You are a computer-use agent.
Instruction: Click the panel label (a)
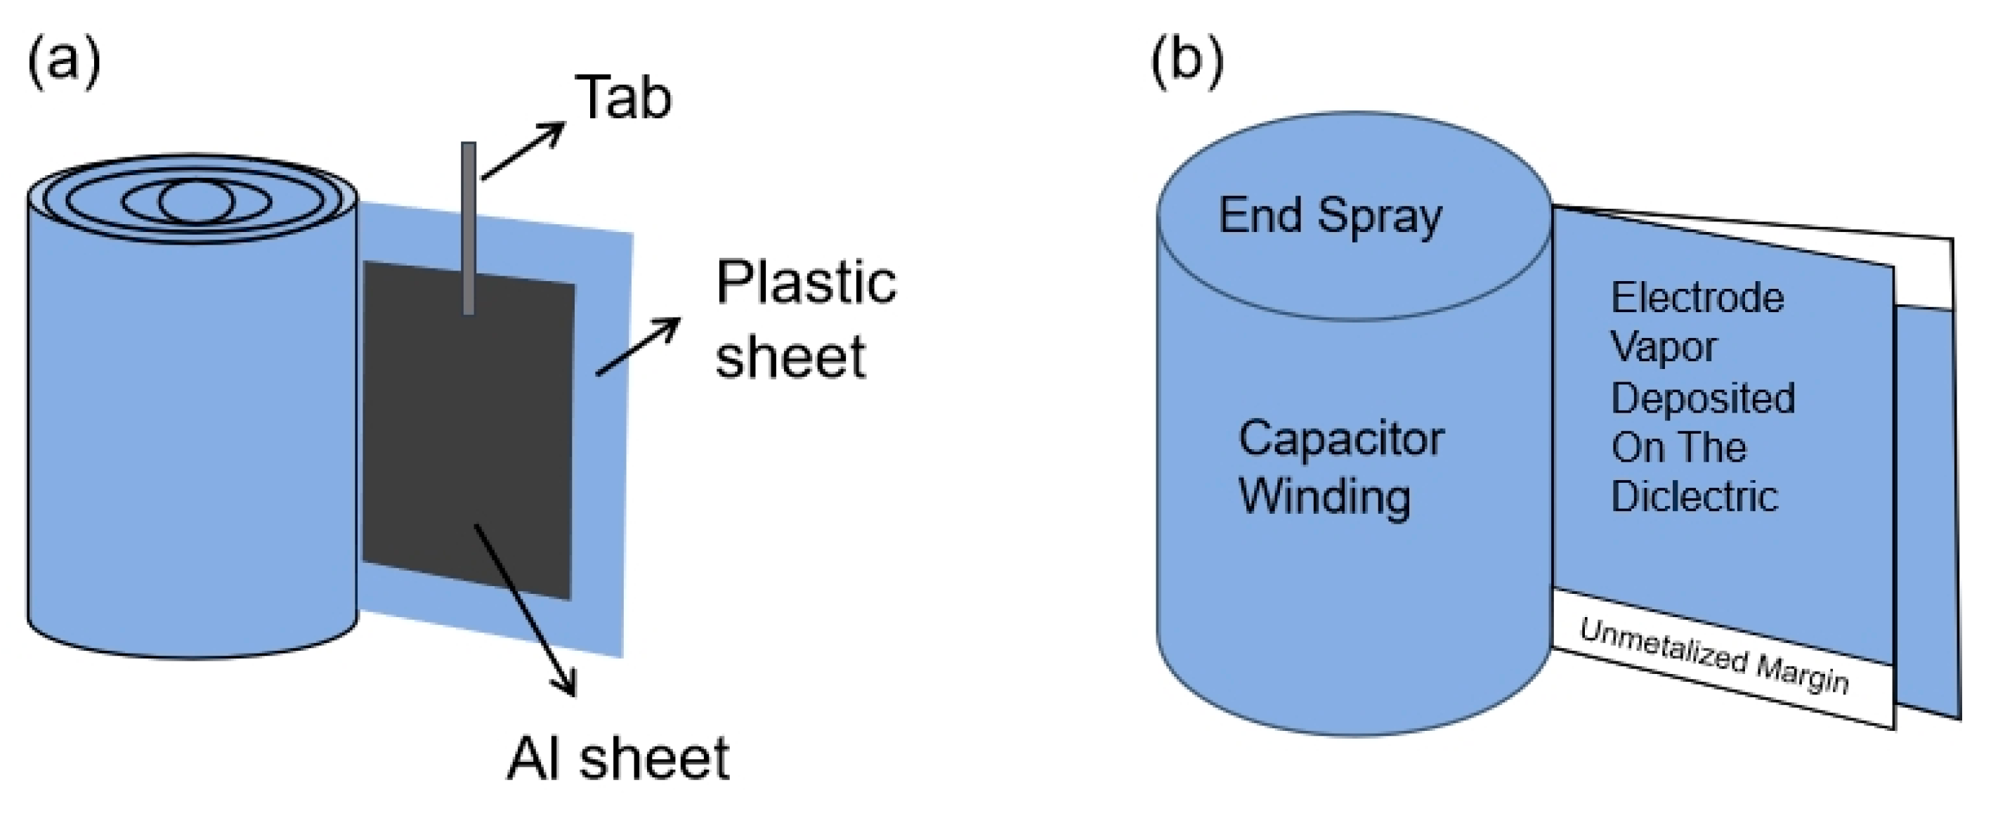[64, 63]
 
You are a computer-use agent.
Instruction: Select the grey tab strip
[469, 228]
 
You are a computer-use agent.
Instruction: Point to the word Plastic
[806, 283]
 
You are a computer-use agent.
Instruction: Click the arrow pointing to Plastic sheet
[639, 346]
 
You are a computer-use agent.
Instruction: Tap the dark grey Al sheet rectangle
[469, 431]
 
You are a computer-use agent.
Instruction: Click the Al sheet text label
[618, 758]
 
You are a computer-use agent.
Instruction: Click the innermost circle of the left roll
[195, 202]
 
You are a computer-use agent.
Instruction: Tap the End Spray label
[1330, 216]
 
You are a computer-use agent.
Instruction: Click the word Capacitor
[1341, 439]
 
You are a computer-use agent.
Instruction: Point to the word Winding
[1325, 497]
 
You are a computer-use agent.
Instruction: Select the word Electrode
[1698, 298]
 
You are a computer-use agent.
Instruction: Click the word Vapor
[1664, 346]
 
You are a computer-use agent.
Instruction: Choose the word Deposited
[1703, 398]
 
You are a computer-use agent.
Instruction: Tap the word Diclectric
[1695, 496]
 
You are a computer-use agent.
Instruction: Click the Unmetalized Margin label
[1715, 656]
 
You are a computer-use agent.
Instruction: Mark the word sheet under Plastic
[790, 358]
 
